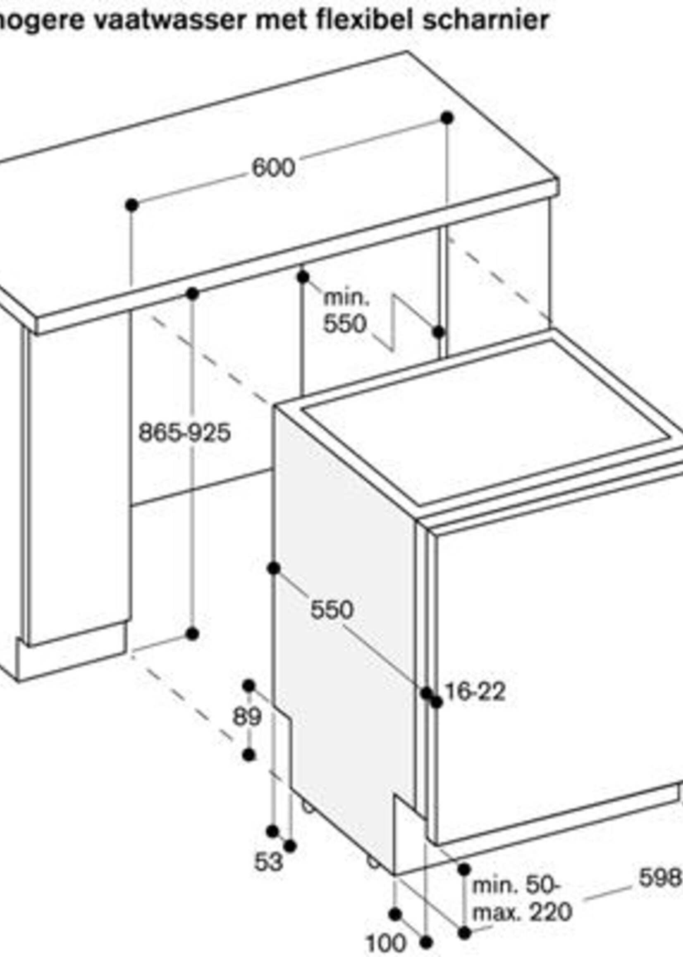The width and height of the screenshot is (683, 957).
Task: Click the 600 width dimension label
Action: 273,168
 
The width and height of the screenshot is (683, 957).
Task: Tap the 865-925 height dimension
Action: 185,432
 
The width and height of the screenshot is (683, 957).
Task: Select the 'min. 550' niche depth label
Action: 346,311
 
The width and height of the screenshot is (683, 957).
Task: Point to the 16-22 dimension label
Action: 475,691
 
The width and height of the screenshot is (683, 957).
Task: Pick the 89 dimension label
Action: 247,717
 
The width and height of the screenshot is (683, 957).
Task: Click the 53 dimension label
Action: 268,862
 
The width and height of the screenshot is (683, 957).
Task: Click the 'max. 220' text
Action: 522,912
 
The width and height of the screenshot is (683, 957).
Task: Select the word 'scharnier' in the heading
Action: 486,19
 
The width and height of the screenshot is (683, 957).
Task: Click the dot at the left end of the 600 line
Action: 132,205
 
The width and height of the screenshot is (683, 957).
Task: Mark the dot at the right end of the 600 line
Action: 447,118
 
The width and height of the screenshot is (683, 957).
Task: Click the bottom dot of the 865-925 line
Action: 192,633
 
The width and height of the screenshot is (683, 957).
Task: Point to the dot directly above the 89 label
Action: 249,686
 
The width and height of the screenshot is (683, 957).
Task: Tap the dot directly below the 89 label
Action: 249,755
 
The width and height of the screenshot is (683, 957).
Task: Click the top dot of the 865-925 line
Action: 192,293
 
